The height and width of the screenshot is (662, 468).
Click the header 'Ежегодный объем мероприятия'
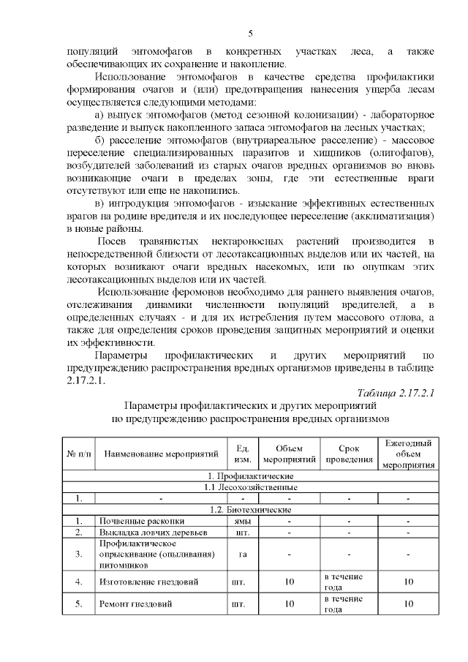point(408,454)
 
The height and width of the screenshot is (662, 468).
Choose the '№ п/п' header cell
point(78,454)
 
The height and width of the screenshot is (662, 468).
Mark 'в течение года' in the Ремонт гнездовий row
point(344,605)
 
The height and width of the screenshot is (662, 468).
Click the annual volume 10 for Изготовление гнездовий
point(408,582)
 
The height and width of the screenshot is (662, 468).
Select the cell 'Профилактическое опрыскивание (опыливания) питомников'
point(151,554)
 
